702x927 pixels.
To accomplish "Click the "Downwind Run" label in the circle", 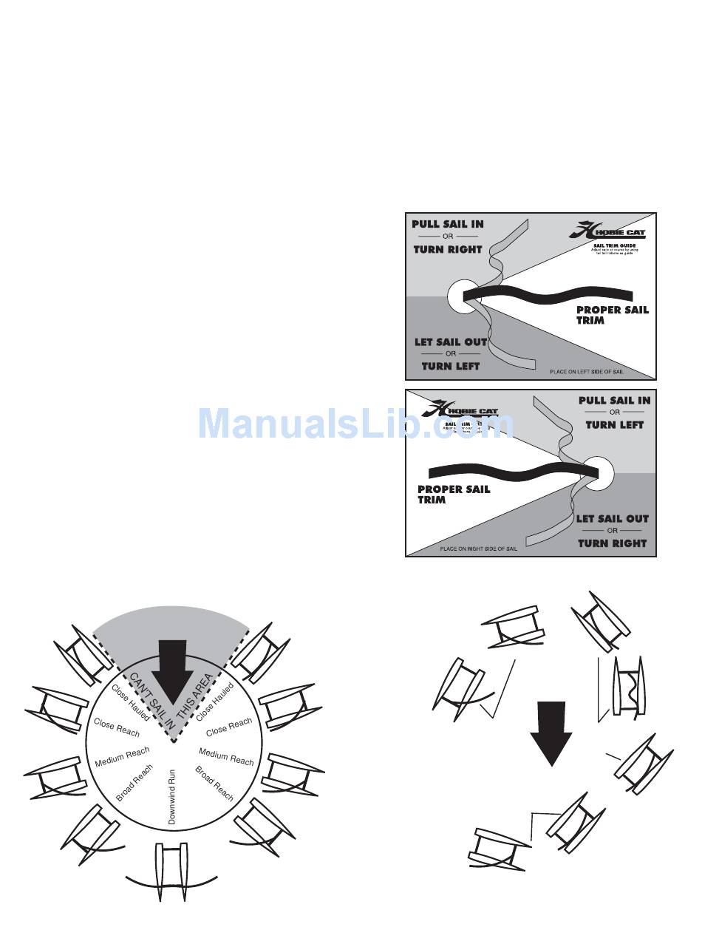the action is pyautogui.click(x=171, y=796).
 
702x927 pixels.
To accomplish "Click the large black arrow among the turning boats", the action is pyautogui.click(x=551, y=732).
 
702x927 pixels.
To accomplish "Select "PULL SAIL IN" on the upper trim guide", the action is pyautogui.click(x=448, y=224).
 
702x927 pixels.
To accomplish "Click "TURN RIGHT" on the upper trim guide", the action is pyautogui.click(x=447, y=249).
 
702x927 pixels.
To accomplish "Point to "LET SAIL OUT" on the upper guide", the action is pyautogui.click(x=450, y=342).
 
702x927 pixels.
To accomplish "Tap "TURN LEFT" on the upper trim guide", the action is pyautogui.click(x=450, y=366).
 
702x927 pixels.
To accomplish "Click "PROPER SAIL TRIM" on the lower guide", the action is pyautogui.click(x=453, y=494).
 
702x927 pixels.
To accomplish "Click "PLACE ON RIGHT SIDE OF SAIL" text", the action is pyautogui.click(x=478, y=549).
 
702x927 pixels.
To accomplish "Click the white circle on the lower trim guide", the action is pyautogui.click(x=597, y=471).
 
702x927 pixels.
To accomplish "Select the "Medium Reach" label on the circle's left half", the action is pyautogui.click(x=123, y=756).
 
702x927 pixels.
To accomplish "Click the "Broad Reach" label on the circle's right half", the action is pyautogui.click(x=214, y=783).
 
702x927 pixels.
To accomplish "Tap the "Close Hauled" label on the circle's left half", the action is pyautogui.click(x=130, y=702).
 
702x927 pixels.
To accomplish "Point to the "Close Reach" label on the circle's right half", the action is pyautogui.click(x=228, y=727).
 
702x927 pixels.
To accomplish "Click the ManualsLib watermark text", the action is pyautogui.click(x=355, y=424).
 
